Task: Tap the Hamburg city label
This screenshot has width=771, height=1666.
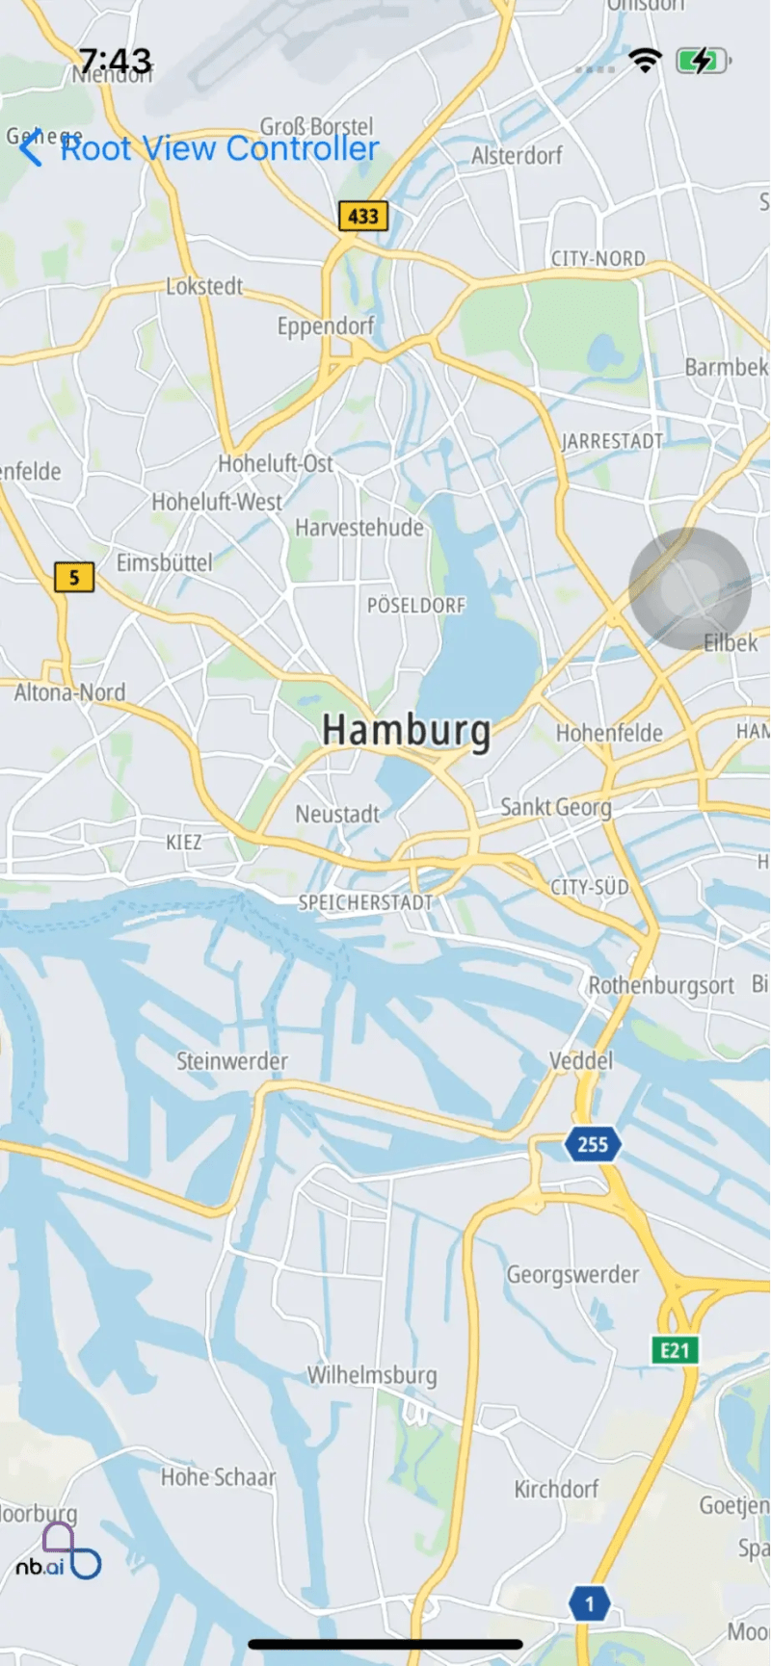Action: coord(406,731)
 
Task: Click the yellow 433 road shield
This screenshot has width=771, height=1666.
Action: coord(363,216)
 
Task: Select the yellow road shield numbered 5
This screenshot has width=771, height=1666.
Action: coord(74,578)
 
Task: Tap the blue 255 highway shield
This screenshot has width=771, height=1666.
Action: coord(592,1144)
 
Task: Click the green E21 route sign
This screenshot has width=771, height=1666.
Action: coord(675,1350)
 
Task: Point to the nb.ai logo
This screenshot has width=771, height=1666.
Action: coord(57,1552)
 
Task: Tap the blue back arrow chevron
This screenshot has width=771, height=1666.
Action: coord(31,148)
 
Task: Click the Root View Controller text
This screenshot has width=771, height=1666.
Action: coord(220,148)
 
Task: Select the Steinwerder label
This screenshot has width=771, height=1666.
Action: coord(231,1061)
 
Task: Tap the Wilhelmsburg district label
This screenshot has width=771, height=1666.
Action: coord(372,1375)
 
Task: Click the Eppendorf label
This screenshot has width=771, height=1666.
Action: coord(326,326)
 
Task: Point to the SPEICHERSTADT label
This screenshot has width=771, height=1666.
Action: coord(365,902)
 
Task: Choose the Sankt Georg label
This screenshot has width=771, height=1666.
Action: coord(556,807)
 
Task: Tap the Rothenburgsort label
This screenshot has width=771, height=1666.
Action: coord(661,985)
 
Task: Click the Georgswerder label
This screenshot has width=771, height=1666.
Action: coord(572,1275)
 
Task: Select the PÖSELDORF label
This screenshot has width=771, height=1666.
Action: coord(416,606)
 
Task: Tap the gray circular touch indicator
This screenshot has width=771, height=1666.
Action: coord(689,587)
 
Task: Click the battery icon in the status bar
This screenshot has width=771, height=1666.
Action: coord(703,62)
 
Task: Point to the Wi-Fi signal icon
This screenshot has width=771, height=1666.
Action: coord(645,61)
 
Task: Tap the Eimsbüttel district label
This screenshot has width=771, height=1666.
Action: coord(164,562)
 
